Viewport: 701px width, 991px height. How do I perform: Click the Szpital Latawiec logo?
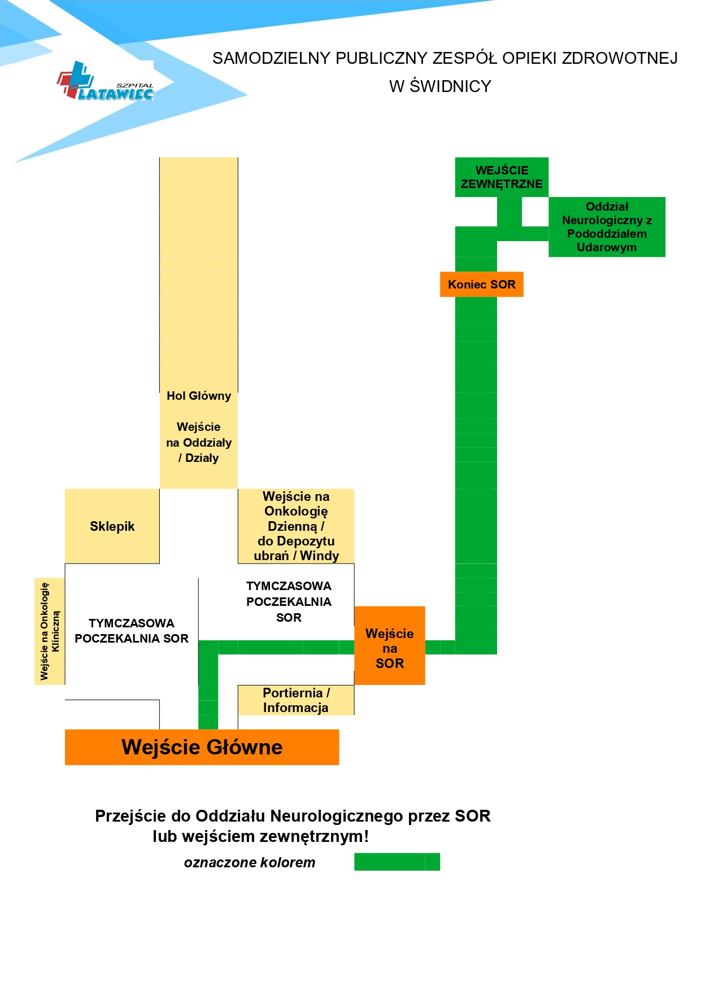pos(105,81)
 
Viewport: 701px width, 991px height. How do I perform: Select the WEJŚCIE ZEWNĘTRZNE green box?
pos(502,177)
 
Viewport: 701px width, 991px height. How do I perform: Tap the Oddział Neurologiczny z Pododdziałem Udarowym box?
pos(607,227)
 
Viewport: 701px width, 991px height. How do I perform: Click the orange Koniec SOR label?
pos(482,285)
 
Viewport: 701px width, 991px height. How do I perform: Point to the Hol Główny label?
pos(199,396)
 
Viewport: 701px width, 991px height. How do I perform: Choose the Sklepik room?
pos(112,526)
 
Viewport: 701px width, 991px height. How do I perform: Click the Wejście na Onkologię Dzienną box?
pos(296,526)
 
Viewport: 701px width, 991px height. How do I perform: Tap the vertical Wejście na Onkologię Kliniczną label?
pos(50,631)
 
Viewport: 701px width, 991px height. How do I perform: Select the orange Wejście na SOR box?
pos(390,646)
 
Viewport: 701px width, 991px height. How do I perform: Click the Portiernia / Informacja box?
pos(296,700)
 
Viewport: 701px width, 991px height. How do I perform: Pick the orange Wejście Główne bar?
pos(202,747)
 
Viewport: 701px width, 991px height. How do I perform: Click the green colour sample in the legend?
pos(397,862)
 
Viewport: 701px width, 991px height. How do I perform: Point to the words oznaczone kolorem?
pos(250,863)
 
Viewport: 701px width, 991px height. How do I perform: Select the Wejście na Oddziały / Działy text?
pos(199,443)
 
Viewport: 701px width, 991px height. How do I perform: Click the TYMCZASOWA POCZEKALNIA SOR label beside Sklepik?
pos(132,631)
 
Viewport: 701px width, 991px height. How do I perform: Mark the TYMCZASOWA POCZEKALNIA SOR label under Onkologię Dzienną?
pos(289,602)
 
